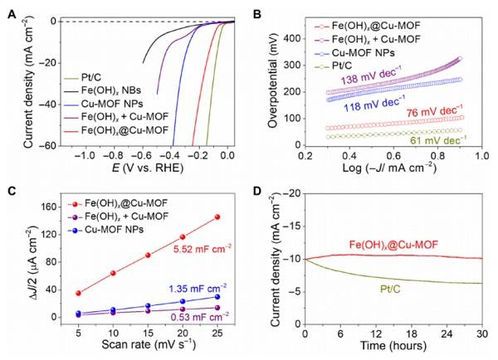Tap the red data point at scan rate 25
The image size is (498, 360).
tap(217, 216)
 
